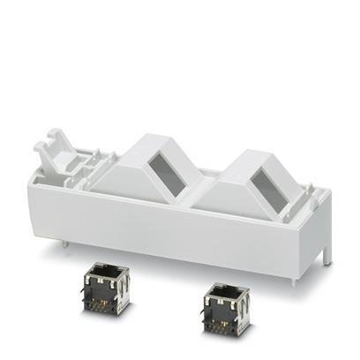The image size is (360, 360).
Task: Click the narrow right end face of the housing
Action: [x=325, y=221]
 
